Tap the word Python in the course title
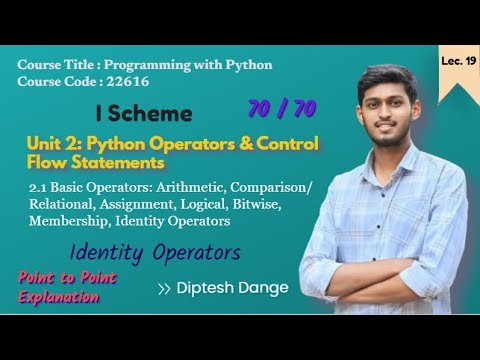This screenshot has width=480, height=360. (241, 64)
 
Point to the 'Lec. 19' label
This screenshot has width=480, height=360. (456, 61)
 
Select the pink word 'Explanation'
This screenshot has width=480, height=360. (51, 295)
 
